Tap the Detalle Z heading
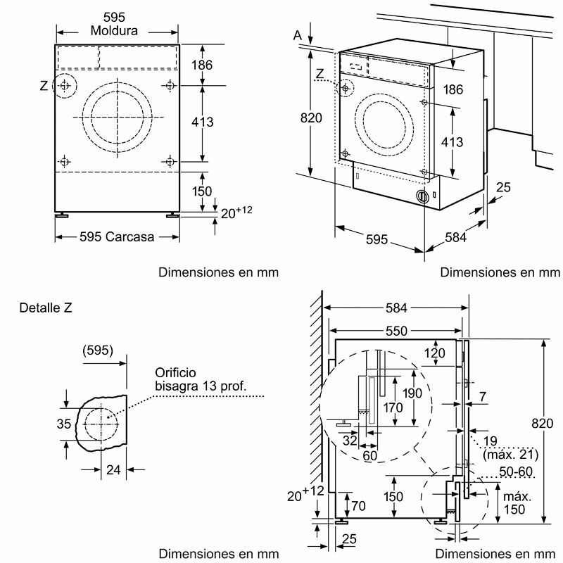pos(46,308)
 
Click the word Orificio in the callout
pos(175,372)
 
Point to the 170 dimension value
pos(393,407)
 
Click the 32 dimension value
pos(349,441)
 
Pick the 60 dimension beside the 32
pos(370,455)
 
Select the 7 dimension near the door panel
pos(483,398)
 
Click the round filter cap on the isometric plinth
pos(422,198)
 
